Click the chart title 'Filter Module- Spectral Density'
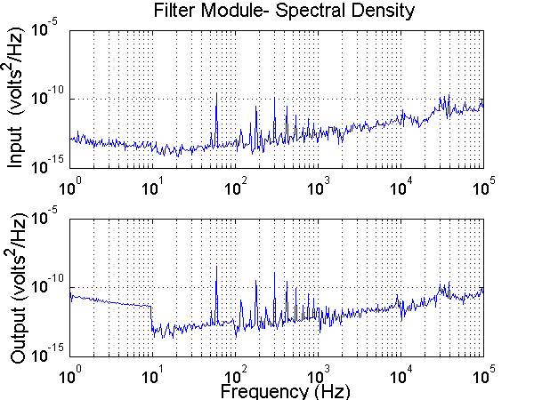[276, 12]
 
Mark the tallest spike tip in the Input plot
[216, 92]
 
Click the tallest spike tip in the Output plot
[216, 266]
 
